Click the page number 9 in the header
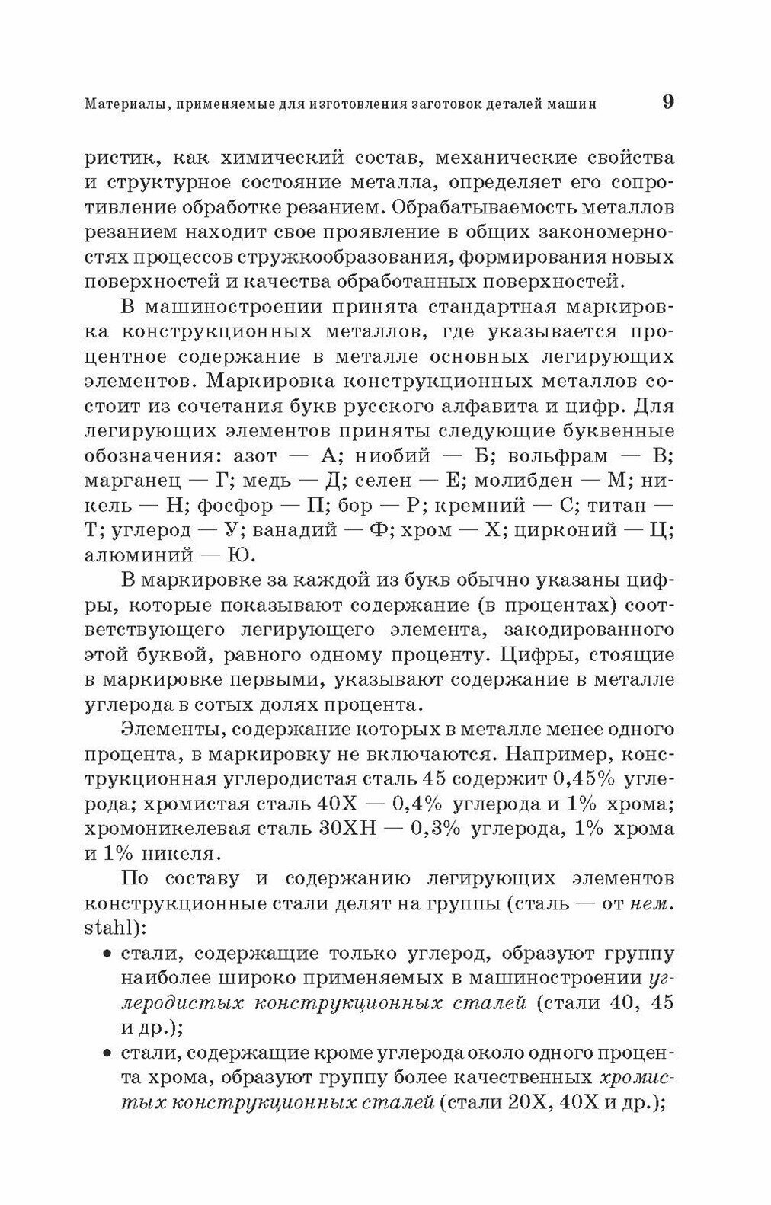(x=667, y=102)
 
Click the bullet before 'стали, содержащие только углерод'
(x=106, y=954)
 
